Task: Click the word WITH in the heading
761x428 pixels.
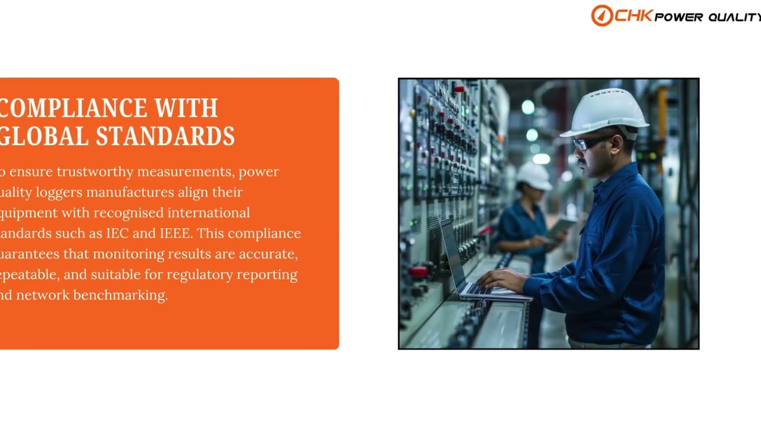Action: [x=186, y=108]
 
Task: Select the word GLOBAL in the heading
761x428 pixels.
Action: [x=45, y=136]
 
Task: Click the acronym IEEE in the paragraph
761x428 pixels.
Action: [x=175, y=233]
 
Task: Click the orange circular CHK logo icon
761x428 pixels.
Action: [x=601, y=15]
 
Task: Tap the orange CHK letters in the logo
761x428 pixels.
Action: [x=634, y=15]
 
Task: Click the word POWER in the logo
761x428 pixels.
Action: [x=678, y=17]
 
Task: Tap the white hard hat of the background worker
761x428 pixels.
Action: [x=534, y=175]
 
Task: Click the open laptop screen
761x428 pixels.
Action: [x=452, y=254]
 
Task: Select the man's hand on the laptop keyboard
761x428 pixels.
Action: [x=502, y=279]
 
